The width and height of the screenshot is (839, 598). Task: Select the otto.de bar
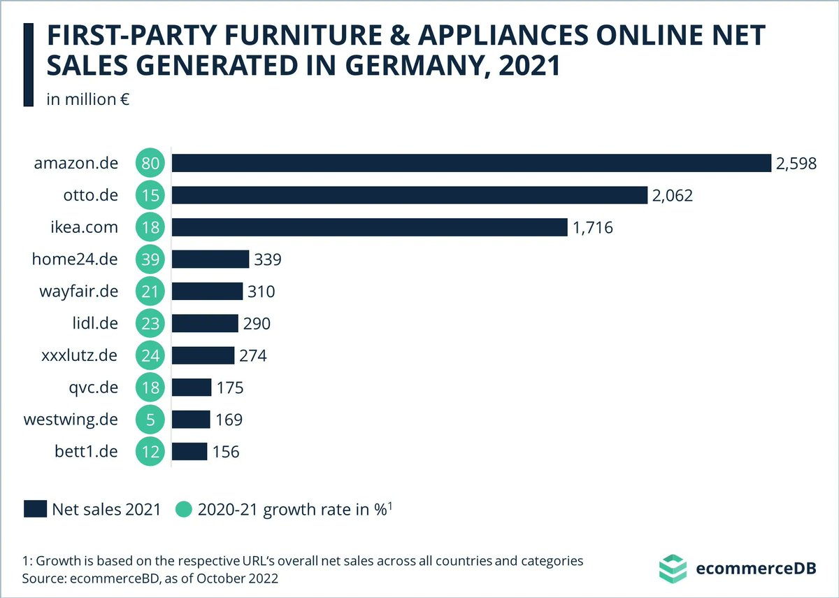(x=409, y=195)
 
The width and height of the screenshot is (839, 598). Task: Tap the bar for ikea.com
(x=369, y=227)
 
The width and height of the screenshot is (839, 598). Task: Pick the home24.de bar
(x=210, y=259)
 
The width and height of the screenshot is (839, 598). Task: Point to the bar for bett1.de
(x=189, y=451)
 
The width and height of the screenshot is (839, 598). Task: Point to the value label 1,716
(x=593, y=228)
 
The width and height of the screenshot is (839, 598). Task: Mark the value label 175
(x=230, y=388)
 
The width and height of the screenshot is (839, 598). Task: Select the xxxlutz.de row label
(x=79, y=355)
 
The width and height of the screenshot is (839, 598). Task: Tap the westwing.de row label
(x=71, y=420)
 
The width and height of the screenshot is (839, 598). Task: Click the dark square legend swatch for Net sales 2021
(x=34, y=508)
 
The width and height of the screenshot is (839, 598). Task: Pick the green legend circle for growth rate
(x=182, y=508)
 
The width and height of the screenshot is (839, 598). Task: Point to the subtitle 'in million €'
(x=88, y=99)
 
